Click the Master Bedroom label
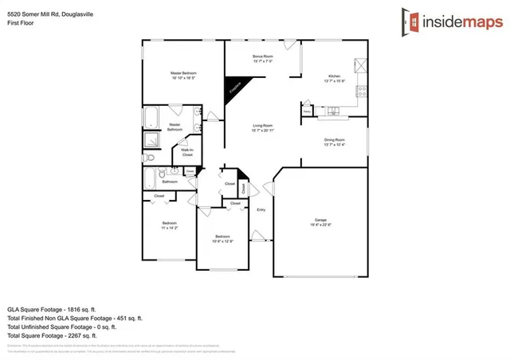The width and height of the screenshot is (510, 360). coord(183,73)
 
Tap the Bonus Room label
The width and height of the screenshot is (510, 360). coord(263,57)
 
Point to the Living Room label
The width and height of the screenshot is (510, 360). coord(263,125)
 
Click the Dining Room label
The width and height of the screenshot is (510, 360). coord(334,140)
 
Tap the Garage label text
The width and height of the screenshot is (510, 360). coord(321,220)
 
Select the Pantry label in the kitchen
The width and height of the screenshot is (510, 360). coord(307,112)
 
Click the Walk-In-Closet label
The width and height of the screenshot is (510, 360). coord(187,152)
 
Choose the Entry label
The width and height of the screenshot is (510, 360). coord(261,209)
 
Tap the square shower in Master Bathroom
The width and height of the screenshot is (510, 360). coord(151,140)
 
